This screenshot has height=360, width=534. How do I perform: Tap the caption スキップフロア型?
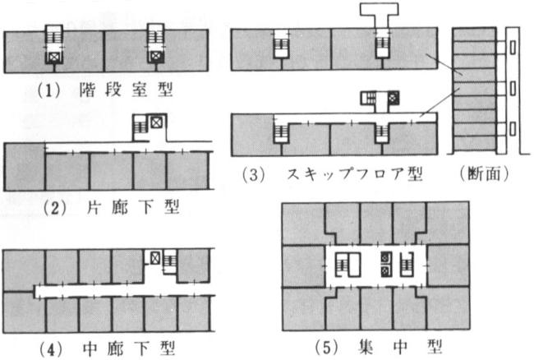pyautogui.click(x=354, y=175)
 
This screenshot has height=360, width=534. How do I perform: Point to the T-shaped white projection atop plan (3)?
pyautogui.click(x=383, y=15)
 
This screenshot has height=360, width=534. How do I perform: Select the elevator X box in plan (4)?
pyautogui.click(x=153, y=256)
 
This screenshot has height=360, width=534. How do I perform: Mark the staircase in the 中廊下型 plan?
pyautogui.click(x=170, y=262)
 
